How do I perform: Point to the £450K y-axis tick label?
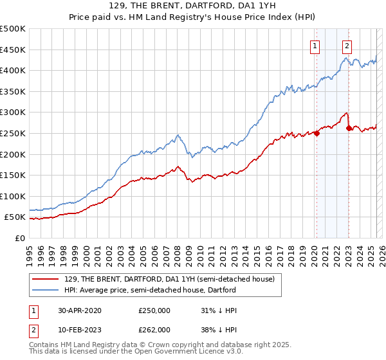point(13,50)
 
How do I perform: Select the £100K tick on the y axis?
point(13,196)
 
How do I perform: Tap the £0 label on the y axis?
point(19,238)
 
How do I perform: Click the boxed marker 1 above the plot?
point(315,46)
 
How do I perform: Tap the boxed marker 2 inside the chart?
point(347,46)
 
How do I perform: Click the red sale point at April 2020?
point(317,133)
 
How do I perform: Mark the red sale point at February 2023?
point(349,128)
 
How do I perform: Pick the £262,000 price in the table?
point(154,329)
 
